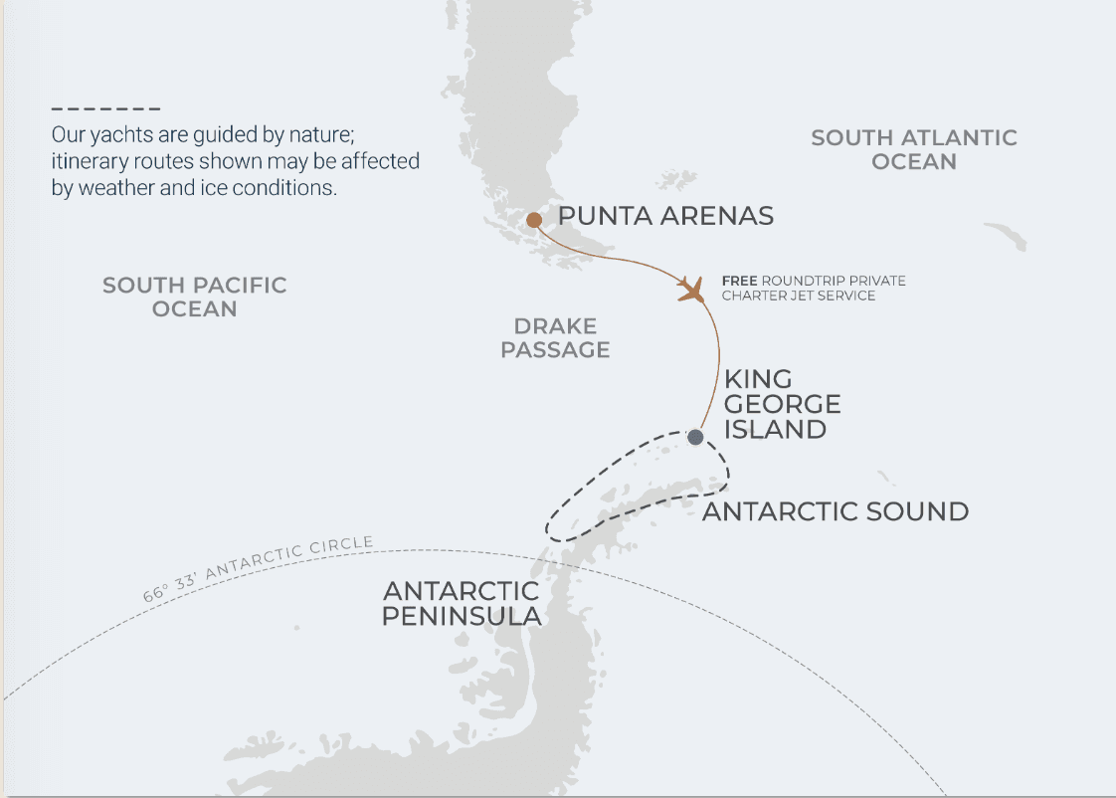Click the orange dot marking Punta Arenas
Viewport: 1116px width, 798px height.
[534, 220]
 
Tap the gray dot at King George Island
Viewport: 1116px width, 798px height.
[696, 437]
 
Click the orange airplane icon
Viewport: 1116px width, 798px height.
[690, 290]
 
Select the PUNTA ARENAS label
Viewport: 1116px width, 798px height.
[665, 216]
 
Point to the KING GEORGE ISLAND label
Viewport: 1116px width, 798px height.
[782, 405]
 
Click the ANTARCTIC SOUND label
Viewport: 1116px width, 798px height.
[836, 512]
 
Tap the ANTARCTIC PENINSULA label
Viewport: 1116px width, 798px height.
[463, 604]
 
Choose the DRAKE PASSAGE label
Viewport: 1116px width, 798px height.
[555, 338]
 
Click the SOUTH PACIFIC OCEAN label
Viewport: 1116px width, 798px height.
[195, 298]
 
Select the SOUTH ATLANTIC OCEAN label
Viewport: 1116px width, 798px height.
[914, 149]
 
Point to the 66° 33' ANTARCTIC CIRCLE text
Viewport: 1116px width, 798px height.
[258, 569]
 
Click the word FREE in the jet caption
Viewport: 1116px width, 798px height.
[739, 281]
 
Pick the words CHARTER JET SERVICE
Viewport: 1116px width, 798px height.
[799, 296]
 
